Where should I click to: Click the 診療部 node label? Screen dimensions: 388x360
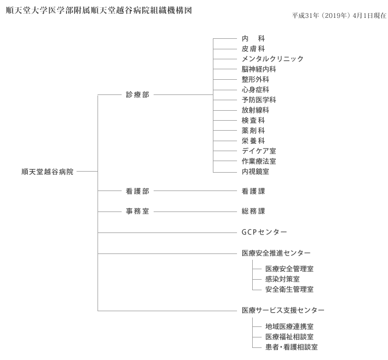point(137,94)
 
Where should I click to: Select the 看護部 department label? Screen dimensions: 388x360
point(137,191)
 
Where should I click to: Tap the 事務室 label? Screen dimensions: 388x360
point(137,211)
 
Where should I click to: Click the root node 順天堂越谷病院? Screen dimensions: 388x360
point(47,172)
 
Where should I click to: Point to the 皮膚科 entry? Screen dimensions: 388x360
point(253,49)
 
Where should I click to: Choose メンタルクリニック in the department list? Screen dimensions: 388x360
point(273,59)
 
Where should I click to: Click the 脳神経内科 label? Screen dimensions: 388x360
point(258,69)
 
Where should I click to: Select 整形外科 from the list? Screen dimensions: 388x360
point(255,79)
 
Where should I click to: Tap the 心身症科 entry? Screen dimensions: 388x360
point(255,90)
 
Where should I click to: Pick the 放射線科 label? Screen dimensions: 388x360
point(255,110)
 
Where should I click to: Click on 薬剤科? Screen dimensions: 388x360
point(253,131)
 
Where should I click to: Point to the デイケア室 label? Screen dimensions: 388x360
point(258,151)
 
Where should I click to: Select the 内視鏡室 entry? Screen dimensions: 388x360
point(255,172)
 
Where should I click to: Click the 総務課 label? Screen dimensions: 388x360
point(253,211)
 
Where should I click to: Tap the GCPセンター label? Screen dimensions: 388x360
point(264,232)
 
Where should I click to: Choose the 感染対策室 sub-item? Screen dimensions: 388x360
point(282,279)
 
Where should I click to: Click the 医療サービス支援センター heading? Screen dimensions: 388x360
point(283,310)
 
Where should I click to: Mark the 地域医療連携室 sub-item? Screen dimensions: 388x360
point(289,326)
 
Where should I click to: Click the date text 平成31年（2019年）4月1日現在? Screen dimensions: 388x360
point(339,16)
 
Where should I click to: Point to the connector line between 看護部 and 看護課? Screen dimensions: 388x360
point(195,191)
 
